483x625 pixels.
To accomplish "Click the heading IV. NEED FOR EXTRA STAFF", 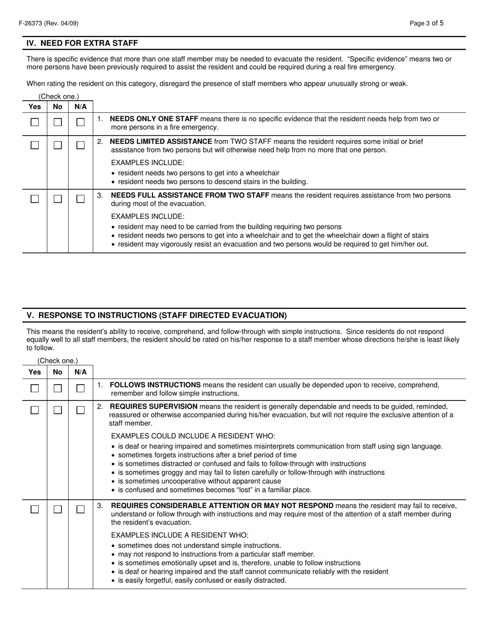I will [82, 43].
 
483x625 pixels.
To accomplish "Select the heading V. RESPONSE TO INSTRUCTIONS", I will [157, 315].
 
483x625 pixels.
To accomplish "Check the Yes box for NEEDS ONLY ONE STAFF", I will [35, 122].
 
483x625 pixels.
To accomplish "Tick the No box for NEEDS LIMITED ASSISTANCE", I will [58, 145].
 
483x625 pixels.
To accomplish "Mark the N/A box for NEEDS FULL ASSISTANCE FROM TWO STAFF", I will [80, 199].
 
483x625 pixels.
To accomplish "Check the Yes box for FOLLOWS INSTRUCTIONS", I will [35, 389].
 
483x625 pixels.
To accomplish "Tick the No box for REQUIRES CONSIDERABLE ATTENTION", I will [58, 510].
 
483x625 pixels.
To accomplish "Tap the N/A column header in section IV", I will [80, 107].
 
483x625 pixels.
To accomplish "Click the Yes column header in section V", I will [35, 372].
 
